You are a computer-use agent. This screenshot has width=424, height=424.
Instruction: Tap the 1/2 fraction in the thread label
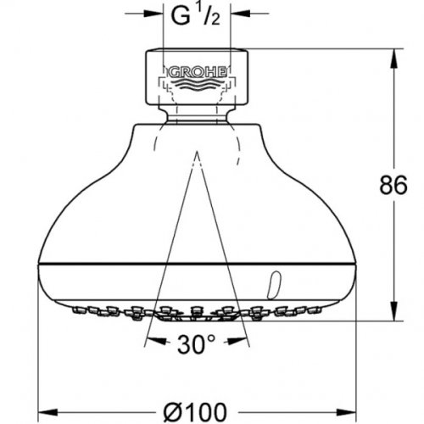[210, 14]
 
